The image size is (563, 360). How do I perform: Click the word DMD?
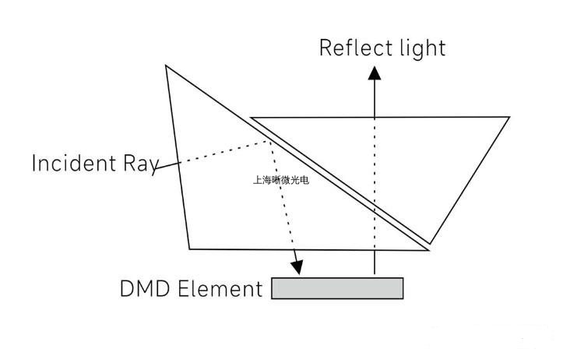[146, 289]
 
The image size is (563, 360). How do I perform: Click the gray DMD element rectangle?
[337, 288]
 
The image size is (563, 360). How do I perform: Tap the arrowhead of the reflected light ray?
[375, 73]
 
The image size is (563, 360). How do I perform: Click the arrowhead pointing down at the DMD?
[297, 266]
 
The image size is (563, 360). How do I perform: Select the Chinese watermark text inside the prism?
[280, 180]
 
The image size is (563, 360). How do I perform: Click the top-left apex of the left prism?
[166, 65]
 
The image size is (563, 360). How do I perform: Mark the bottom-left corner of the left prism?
[190, 249]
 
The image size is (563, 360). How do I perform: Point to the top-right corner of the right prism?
[509, 117]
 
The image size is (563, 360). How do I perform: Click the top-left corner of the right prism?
[251, 118]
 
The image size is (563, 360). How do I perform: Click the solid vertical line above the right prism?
[375, 97]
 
